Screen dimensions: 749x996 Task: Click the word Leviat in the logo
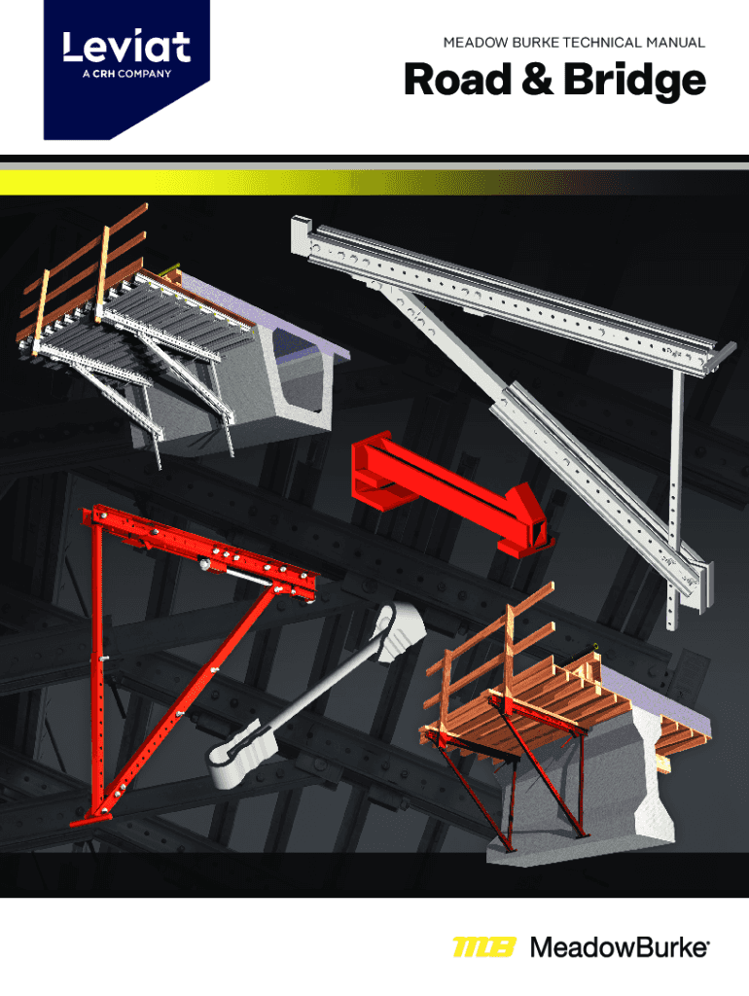coord(126,47)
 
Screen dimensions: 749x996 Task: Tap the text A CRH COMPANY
coord(126,74)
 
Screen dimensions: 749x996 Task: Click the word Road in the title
coord(458,80)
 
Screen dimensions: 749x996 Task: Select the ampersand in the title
coord(538,80)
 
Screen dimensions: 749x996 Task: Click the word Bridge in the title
coord(634,82)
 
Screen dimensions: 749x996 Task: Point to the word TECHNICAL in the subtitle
coord(603,43)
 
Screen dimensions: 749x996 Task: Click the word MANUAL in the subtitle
coord(676,43)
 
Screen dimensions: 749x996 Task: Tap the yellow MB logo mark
coord(484,947)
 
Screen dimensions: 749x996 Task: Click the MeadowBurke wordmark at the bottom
coord(620,947)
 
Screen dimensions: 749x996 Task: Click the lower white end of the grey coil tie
coord(242,753)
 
